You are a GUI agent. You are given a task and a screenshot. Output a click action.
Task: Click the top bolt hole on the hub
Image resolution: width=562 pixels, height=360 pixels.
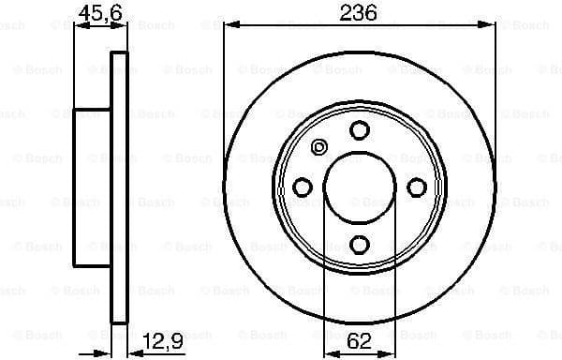tap(360, 131)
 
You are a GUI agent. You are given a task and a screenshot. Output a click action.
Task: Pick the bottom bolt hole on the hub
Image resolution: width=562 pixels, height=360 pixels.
tap(360, 245)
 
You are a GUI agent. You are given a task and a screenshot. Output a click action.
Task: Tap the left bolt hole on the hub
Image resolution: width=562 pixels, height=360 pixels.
tap(303, 188)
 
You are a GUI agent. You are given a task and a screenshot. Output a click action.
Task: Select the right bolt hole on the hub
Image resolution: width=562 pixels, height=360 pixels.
tap(417, 188)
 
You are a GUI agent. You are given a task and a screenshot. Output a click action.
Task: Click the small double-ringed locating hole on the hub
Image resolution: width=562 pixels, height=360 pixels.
tap(318, 146)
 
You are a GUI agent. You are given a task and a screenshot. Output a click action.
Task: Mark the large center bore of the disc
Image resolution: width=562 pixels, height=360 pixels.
tap(360, 187)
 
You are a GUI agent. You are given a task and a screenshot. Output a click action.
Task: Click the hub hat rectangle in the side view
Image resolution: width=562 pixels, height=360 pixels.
tap(92, 187)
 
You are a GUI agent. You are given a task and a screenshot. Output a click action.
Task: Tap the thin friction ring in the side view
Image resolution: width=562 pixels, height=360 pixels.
tap(118, 187)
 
